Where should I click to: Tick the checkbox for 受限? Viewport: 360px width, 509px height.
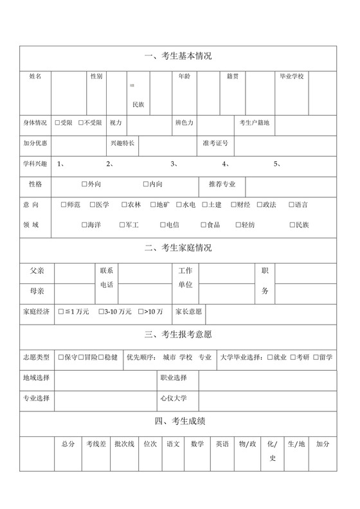(58, 123)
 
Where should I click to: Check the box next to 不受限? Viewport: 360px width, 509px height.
(81, 123)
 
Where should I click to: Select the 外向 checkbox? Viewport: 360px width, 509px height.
(85, 184)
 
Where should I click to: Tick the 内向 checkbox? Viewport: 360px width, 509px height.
(146, 184)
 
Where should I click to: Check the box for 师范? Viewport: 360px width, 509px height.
(63, 205)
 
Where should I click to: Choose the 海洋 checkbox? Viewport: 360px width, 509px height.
(84, 225)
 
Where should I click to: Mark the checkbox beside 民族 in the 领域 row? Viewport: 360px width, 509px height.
(291, 225)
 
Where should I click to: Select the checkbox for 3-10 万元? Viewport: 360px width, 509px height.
(101, 312)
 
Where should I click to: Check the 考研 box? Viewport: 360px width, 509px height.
(292, 357)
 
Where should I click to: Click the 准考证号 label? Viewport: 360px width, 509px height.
(215, 143)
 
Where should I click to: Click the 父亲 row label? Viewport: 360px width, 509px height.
(37, 271)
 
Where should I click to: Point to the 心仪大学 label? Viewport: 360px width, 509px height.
(174, 398)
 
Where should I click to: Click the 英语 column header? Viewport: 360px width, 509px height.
(222, 443)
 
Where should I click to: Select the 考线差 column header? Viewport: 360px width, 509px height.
(96, 443)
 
